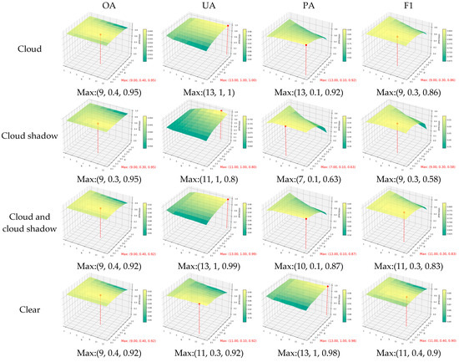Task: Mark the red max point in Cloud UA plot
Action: [228, 25]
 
